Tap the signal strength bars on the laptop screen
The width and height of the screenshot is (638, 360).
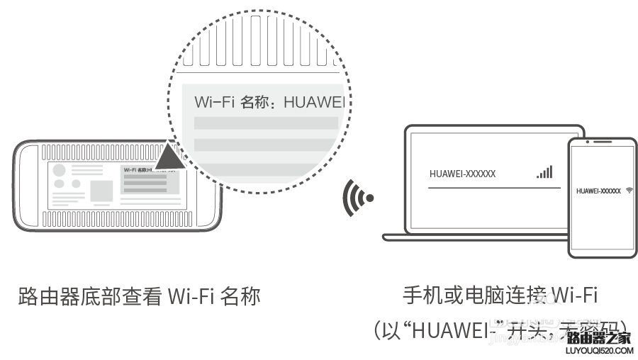tap(544, 172)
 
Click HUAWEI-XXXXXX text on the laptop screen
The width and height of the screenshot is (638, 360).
tap(463, 174)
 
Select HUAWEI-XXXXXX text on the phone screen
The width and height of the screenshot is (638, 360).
tap(598, 191)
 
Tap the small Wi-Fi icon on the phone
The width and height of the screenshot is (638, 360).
tap(629, 191)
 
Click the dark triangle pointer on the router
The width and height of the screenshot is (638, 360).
tap(170, 157)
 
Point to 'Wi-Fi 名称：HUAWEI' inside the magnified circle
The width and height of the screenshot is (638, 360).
tap(273, 102)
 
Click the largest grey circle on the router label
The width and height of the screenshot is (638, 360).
tap(60, 171)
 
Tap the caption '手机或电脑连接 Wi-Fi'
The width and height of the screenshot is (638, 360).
tap(500, 296)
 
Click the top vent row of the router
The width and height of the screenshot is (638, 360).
tap(99, 152)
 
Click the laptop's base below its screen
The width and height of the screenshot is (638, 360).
tap(475, 236)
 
